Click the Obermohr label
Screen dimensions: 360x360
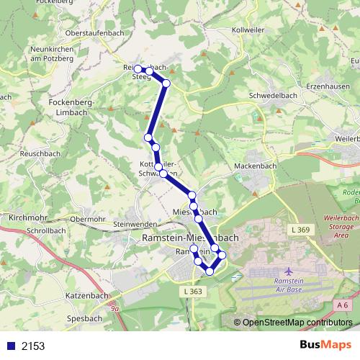point(89,218)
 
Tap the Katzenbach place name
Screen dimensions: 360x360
point(86,295)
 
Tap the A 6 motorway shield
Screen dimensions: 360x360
point(343,305)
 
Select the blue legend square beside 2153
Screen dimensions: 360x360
point(11,346)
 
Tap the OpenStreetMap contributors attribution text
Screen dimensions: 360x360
point(297,323)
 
